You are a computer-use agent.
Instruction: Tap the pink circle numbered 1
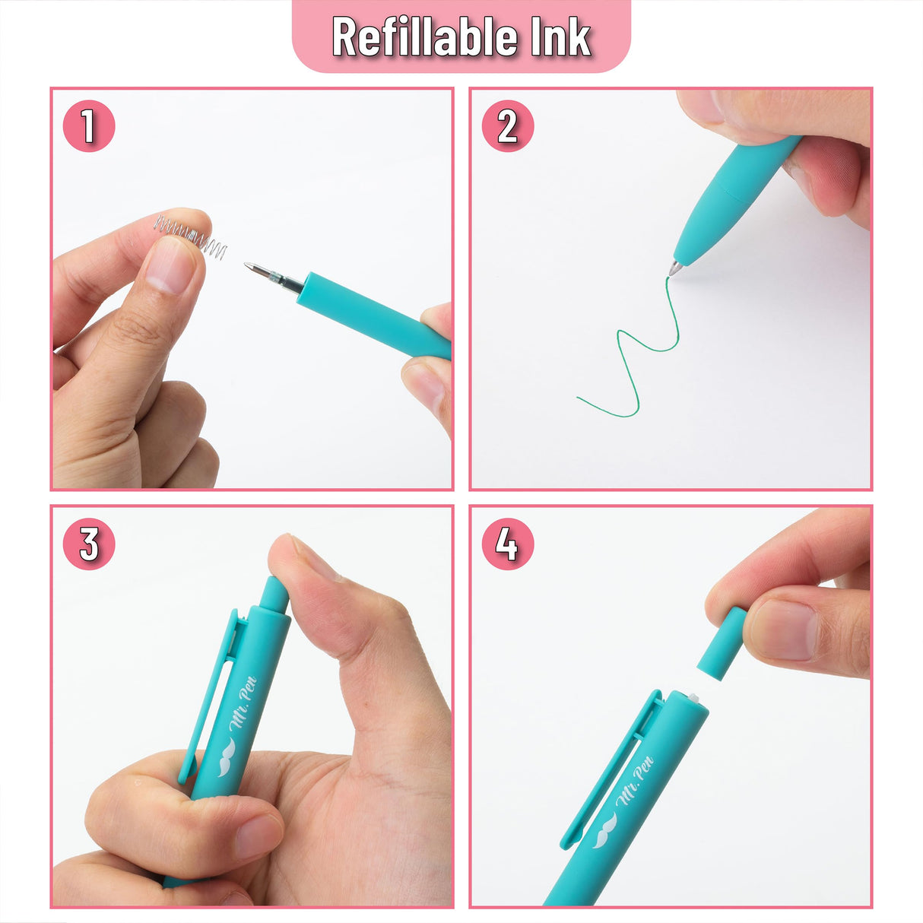point(89,125)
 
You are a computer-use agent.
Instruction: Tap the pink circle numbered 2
point(508,125)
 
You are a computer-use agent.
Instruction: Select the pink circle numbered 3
point(89,544)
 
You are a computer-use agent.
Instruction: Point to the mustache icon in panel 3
point(228,759)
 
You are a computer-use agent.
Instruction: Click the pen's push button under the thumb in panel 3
point(274,593)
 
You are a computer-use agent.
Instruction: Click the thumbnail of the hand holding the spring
point(172,266)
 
